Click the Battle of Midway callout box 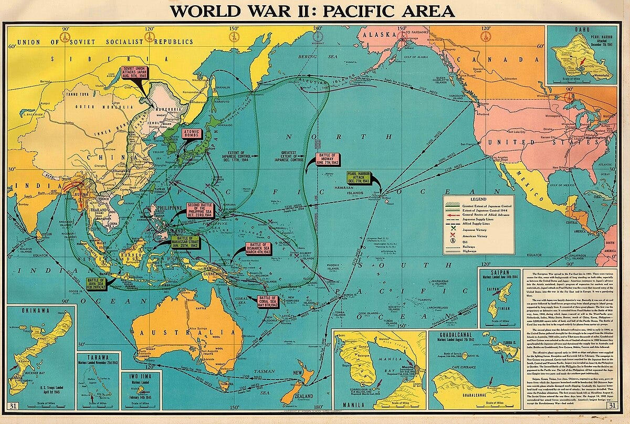328,159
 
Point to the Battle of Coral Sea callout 267,301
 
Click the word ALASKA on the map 383,35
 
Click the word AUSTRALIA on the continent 183,332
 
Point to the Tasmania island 226,386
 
